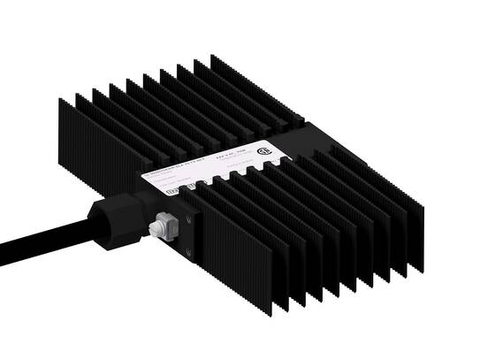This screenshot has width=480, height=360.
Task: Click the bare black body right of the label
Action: pyautogui.click(x=305, y=142)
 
